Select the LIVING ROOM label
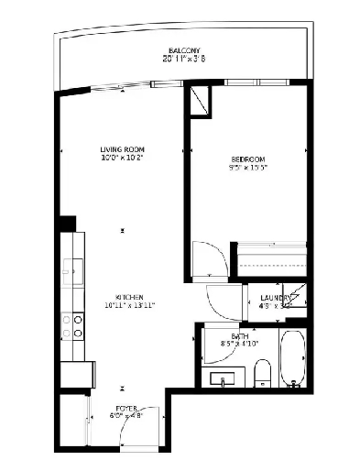coord(123,149)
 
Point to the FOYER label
coord(125,408)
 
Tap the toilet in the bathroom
coord(261,371)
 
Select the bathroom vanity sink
coord(223,378)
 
